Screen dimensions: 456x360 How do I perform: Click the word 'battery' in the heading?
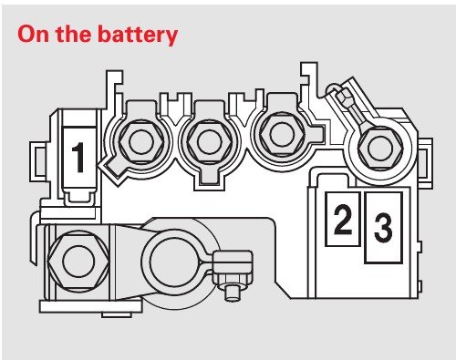(138, 35)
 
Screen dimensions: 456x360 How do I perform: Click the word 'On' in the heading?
(34, 34)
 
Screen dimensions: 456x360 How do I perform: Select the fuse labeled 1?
(79, 158)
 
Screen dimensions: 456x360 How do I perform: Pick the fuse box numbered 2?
(343, 219)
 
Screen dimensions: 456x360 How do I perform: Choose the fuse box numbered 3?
(383, 227)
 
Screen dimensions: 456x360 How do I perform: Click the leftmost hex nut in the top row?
(140, 142)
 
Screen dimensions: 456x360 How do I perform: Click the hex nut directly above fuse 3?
(380, 148)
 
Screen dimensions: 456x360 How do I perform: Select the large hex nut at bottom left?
(78, 261)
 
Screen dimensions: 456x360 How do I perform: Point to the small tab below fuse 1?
(78, 197)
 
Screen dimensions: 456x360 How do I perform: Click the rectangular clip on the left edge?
(37, 161)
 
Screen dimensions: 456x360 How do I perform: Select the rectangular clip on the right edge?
(426, 162)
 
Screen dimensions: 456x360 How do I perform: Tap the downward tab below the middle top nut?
(210, 179)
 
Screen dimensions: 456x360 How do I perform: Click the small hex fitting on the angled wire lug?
(343, 97)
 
